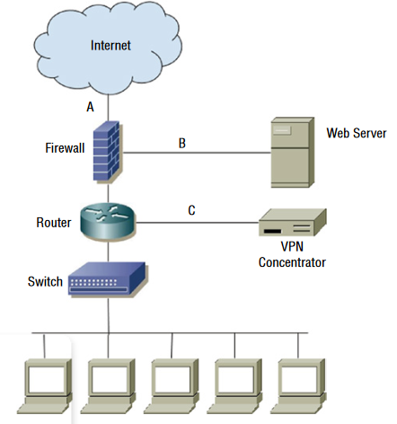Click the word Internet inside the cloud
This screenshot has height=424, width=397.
point(110,46)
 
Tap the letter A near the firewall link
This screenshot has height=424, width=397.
point(90,107)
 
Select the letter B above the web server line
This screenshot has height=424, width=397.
point(182,143)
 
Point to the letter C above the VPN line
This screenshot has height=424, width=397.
point(191,210)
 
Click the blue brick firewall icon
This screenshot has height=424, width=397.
point(107,151)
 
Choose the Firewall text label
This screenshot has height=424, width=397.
point(65,148)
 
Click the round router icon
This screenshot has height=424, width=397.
point(108,221)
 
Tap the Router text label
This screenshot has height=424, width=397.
point(54,223)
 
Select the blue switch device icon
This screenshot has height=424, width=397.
point(107,279)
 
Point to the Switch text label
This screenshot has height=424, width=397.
point(45,281)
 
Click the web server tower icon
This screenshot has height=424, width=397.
point(293,153)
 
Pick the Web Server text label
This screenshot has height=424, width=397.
point(357,133)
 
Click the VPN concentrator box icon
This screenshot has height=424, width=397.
point(293,223)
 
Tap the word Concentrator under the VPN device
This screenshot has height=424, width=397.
point(292,262)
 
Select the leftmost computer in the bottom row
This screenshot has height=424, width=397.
point(45,386)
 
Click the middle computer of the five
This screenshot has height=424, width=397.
point(172,386)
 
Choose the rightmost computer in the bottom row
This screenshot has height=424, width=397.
point(298,386)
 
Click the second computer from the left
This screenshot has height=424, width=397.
point(108,386)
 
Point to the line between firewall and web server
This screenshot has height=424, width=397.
point(197,153)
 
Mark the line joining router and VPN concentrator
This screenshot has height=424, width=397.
point(197,223)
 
